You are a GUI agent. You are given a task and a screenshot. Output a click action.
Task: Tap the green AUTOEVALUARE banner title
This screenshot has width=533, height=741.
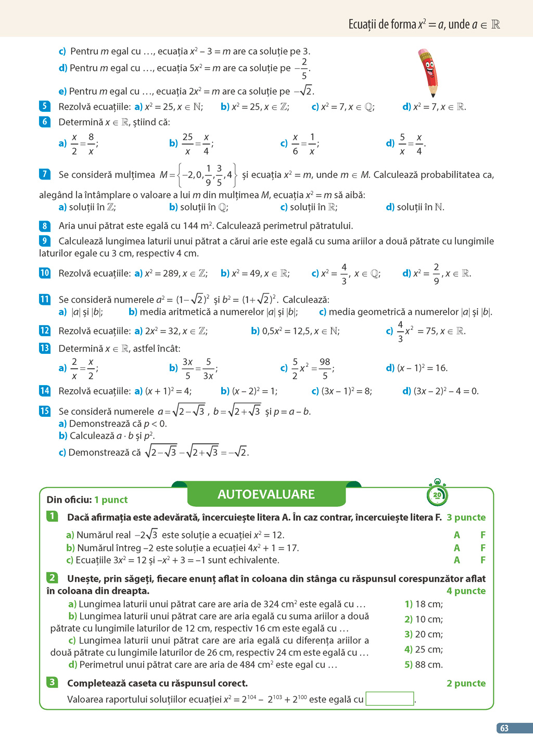coord(266,494)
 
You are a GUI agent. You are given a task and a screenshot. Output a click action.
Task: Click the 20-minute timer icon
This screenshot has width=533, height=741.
coord(437,494)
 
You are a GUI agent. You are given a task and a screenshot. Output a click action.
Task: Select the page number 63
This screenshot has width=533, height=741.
coord(504,728)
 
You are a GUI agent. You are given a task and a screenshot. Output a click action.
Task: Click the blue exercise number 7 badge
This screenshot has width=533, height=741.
coord(45,174)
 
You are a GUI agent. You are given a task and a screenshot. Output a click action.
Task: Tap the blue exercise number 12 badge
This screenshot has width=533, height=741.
coord(45,331)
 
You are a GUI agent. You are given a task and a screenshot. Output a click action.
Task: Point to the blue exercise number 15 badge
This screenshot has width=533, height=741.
coord(45,411)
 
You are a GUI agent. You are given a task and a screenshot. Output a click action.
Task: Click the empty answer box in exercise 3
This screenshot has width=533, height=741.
coord(390,699)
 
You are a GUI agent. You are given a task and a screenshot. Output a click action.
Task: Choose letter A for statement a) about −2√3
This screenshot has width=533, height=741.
coord(456,535)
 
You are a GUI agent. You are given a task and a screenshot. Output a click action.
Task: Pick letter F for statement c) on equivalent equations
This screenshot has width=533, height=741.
coord(483,560)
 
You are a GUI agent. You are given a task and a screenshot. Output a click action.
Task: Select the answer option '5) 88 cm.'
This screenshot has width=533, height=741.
coord(424,665)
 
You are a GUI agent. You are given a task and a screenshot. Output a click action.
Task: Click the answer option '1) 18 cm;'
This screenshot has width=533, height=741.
coord(424,604)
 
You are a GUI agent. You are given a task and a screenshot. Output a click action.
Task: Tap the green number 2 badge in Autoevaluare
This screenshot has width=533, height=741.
coord(52,578)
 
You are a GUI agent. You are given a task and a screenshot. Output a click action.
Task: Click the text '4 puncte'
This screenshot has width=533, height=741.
coord(466,591)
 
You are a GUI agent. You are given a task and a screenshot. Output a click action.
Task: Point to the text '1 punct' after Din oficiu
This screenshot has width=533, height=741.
coord(111,500)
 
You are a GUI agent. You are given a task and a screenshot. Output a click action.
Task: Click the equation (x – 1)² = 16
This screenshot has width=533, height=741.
coord(422,368)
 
